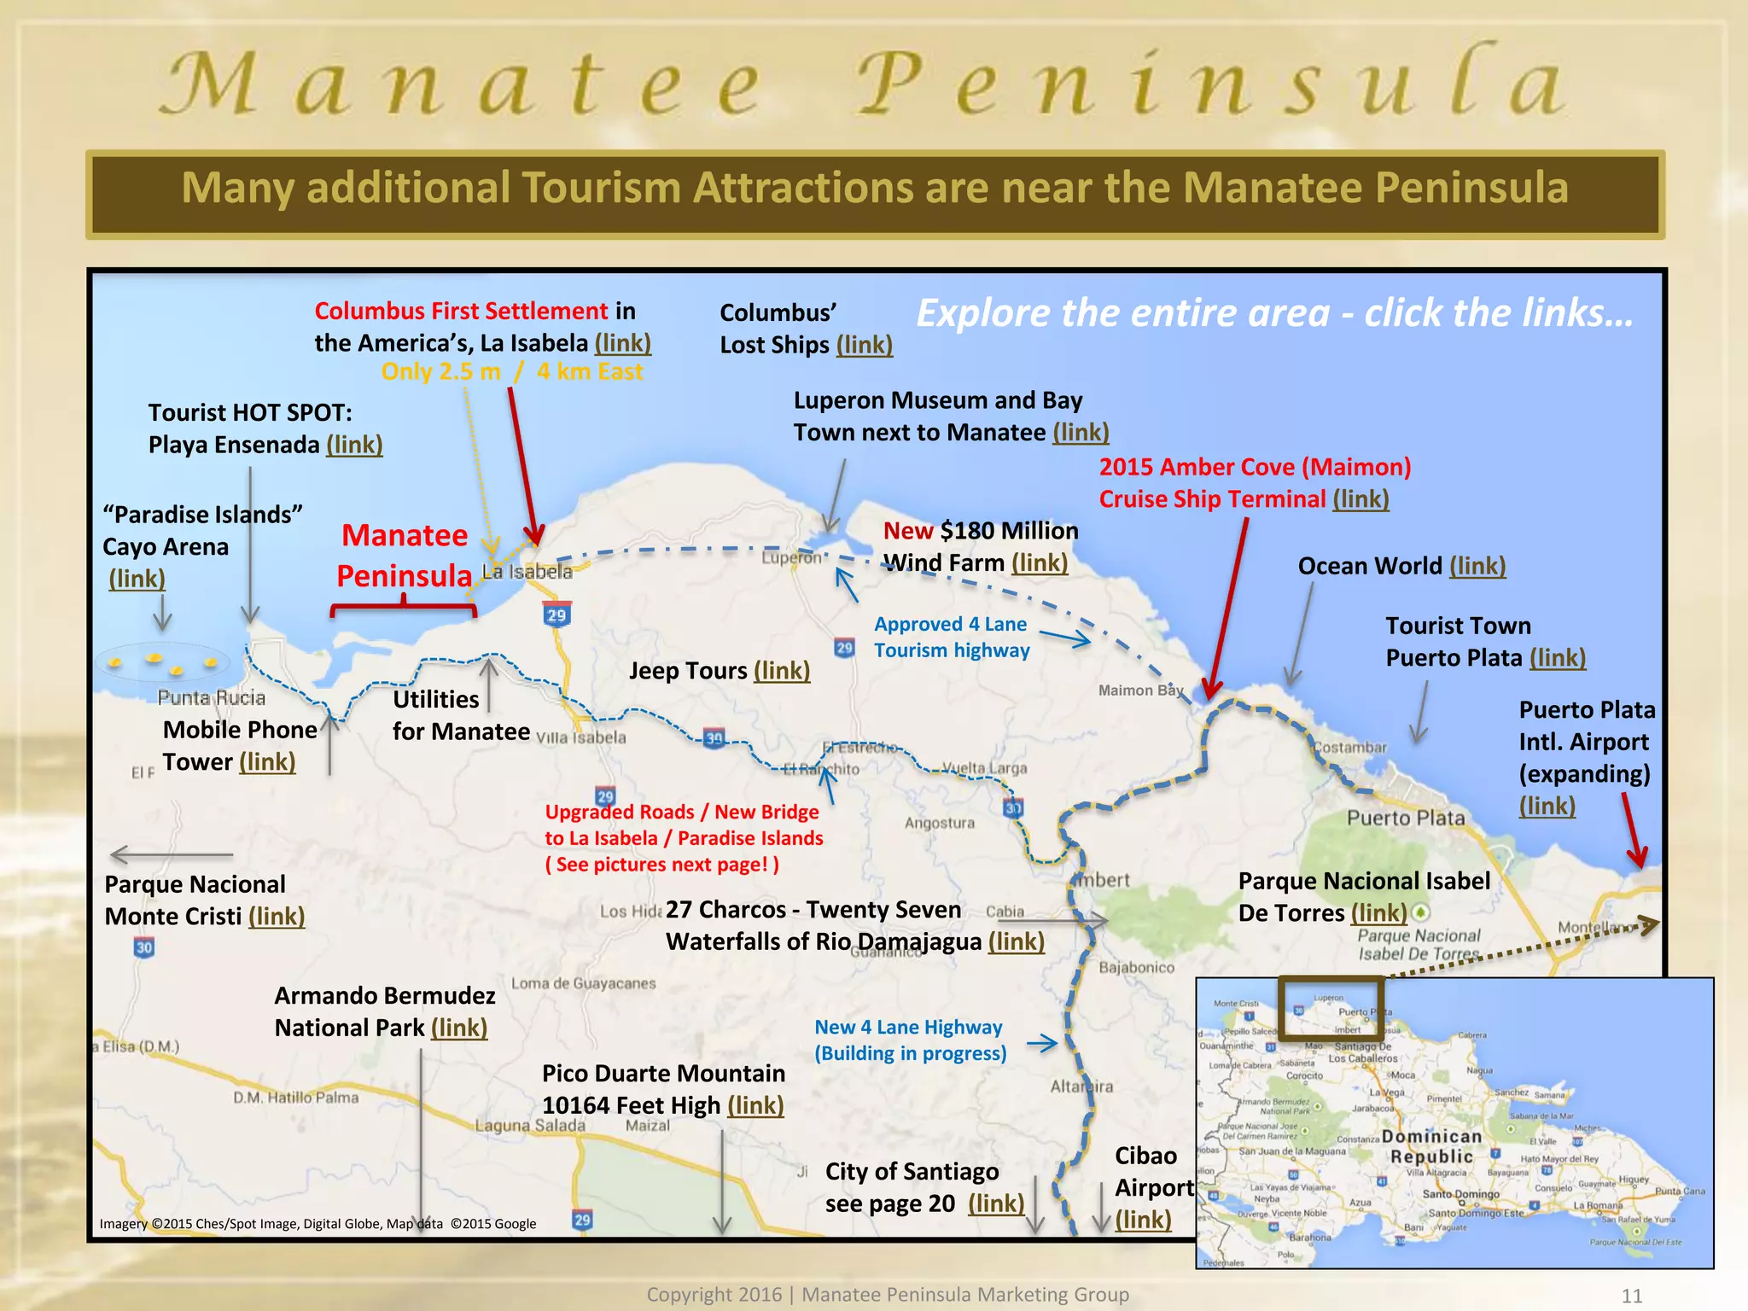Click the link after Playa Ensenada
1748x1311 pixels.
coord(354,445)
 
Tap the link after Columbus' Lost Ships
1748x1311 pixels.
coord(864,345)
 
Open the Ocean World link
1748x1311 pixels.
coord(1477,566)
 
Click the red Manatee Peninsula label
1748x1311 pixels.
coord(404,556)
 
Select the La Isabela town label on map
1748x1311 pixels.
coord(527,572)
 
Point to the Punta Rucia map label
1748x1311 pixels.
coord(211,698)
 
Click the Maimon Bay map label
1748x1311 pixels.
coord(1140,690)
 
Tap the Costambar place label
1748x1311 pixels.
coord(1349,748)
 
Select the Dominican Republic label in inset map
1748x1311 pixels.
coord(1431,1146)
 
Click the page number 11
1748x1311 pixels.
coord(1631,1296)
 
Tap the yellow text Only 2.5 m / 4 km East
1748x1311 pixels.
coord(511,372)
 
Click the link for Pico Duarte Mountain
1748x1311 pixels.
coord(755,1105)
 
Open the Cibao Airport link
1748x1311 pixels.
coord(1143,1220)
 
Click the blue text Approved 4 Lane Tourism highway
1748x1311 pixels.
coord(951,637)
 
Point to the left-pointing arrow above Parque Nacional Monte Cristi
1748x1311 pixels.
coord(171,854)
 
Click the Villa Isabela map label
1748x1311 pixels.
coord(581,737)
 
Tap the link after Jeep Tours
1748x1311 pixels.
coord(782,671)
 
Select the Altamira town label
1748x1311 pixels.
coord(1081,1087)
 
